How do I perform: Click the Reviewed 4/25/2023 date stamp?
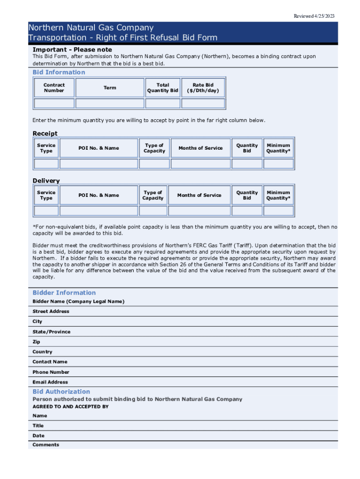(x=314, y=16)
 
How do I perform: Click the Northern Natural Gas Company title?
(x=91, y=28)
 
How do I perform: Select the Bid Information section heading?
(x=59, y=72)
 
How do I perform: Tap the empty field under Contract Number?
(x=54, y=103)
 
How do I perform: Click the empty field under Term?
(x=110, y=103)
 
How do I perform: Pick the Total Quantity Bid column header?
(x=163, y=88)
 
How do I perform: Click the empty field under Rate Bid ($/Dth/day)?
(x=203, y=103)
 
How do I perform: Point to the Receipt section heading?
(x=45, y=134)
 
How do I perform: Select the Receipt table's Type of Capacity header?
(x=154, y=148)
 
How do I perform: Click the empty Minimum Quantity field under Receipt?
(x=278, y=164)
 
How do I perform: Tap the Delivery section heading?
(x=46, y=181)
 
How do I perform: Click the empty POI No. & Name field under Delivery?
(x=99, y=211)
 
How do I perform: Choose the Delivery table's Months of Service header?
(x=199, y=196)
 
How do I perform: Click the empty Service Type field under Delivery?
(x=46, y=211)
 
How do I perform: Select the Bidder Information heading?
(x=64, y=293)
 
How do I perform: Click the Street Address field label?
(x=51, y=312)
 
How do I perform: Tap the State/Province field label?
(x=51, y=332)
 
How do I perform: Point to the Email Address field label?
(x=50, y=382)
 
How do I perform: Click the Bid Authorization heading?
(x=61, y=392)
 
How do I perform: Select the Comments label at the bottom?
(x=46, y=445)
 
